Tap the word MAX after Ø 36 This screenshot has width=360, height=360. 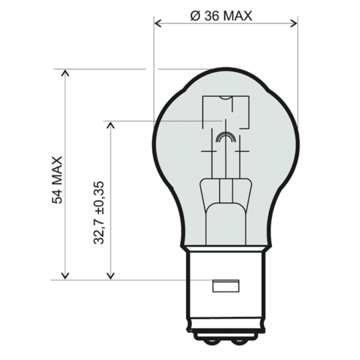click(238, 16)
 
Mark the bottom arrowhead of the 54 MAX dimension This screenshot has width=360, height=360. click(65, 275)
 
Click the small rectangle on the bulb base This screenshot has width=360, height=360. click(225, 287)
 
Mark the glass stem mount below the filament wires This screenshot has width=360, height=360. click(226, 213)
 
